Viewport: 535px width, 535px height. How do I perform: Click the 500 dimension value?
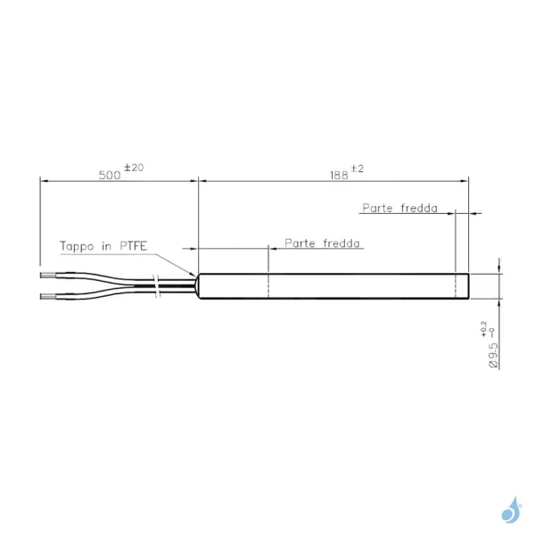110,175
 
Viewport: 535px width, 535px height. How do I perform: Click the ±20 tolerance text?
134,168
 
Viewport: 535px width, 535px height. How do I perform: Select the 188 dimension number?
339,176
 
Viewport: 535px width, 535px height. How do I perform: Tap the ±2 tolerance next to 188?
358,169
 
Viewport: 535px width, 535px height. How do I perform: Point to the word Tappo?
77,246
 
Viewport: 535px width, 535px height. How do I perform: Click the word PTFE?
134,246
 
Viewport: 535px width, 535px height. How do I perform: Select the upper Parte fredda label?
399,208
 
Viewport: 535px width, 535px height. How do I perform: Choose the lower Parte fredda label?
322,243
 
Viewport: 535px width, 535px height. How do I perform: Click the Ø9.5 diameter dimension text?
493,355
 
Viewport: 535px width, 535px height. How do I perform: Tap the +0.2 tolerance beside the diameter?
484,329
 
